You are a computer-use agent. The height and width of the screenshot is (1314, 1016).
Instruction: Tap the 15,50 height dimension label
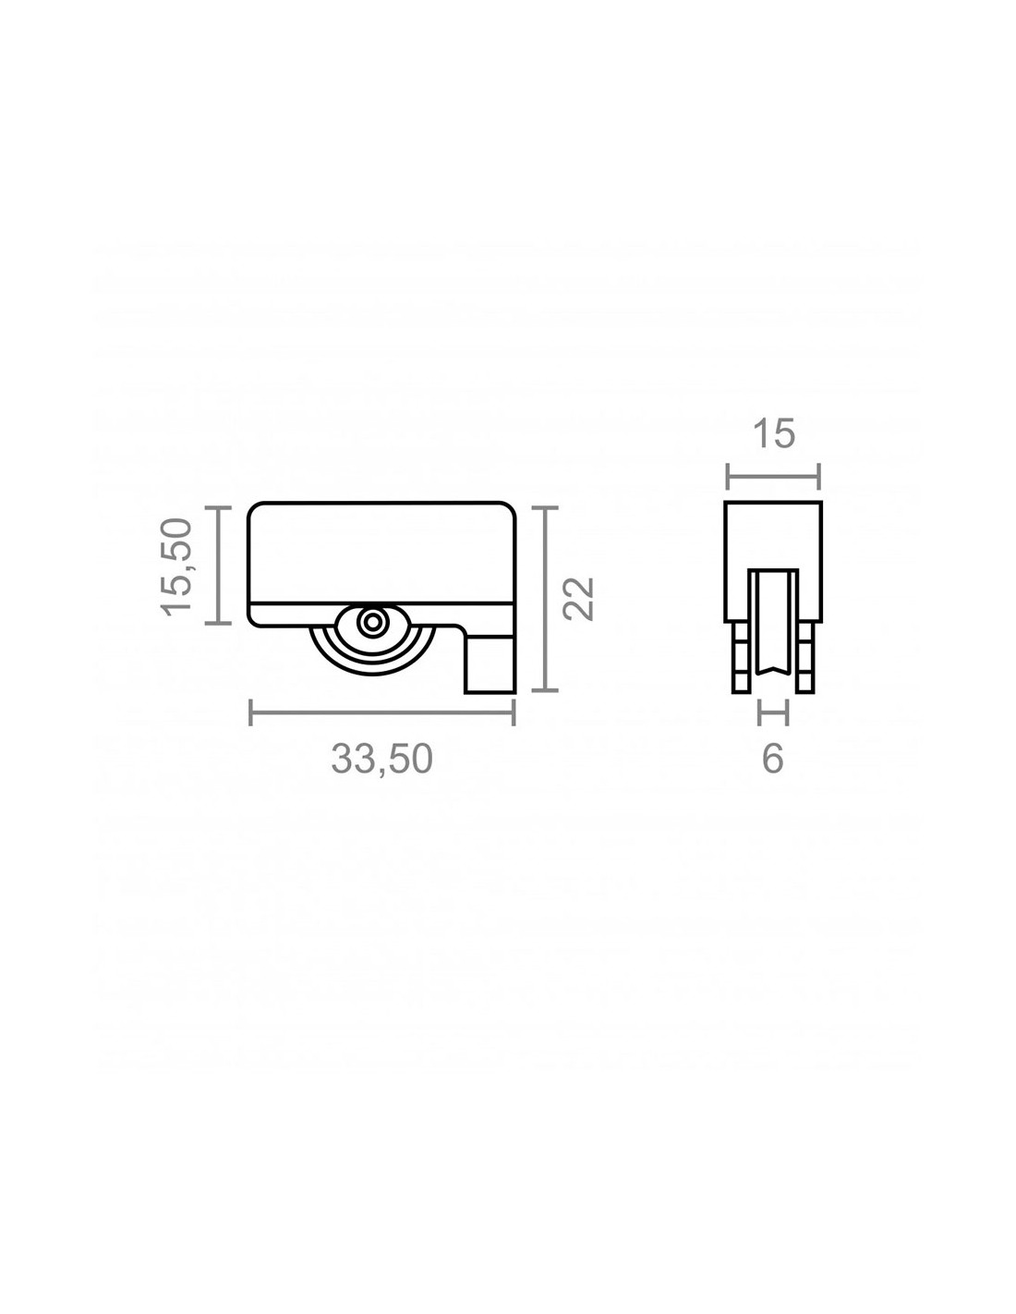177,566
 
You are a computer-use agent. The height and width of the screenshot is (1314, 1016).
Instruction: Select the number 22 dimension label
578,599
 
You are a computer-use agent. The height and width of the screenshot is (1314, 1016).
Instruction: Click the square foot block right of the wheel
490,664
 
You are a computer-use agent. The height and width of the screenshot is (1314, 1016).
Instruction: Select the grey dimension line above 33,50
382,712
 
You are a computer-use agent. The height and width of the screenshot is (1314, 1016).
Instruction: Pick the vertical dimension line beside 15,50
220,565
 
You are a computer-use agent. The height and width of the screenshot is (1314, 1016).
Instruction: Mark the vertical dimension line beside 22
546,599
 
